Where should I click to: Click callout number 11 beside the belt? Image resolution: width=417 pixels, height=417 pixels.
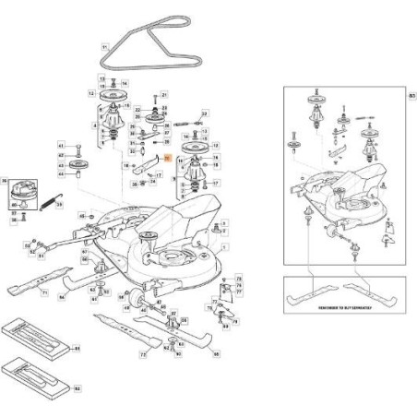tap(105, 46)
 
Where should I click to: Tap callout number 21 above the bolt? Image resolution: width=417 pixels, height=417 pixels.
tap(165, 95)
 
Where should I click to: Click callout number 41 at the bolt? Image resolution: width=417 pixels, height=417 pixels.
tap(61, 146)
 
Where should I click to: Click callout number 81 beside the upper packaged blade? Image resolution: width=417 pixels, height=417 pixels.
tap(77, 348)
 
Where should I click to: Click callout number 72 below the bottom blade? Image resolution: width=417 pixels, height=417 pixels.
tap(143, 353)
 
